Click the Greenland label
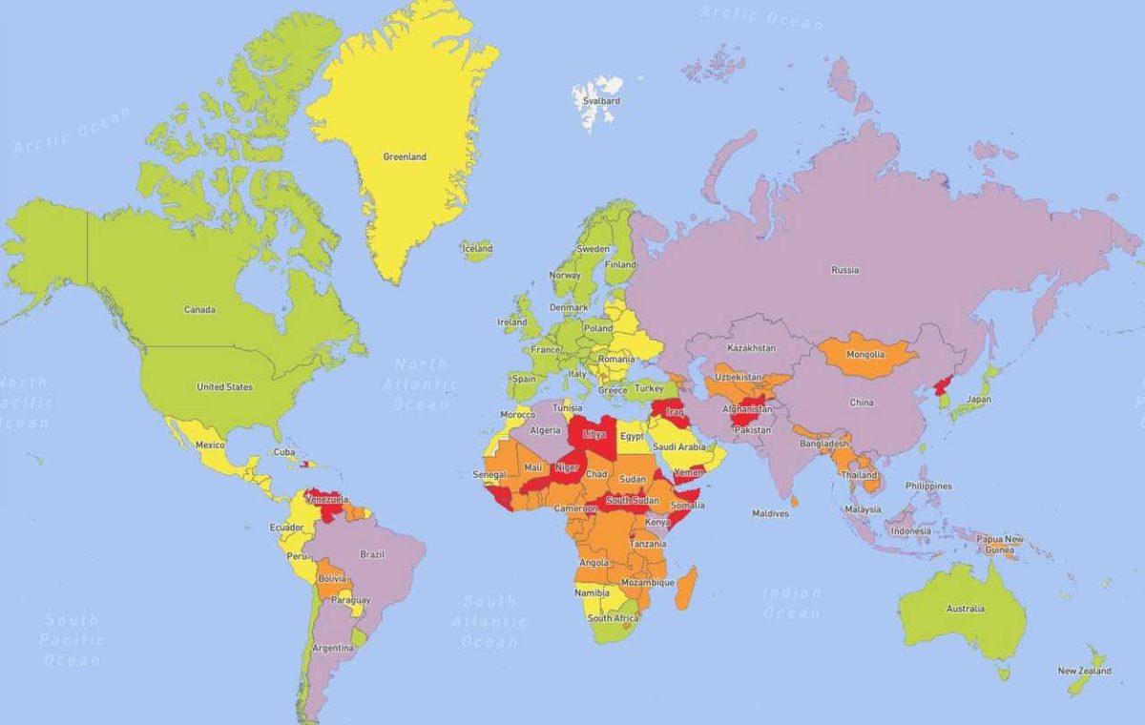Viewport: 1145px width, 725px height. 405,156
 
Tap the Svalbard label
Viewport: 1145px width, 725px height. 603,100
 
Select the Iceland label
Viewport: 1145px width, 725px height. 478,249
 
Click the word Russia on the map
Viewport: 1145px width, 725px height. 844,270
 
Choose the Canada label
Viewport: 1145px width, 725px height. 199,310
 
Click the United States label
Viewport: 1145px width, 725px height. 224,387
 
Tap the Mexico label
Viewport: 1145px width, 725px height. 210,445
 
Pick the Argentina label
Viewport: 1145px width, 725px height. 334,649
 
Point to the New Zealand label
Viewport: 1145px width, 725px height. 1084,671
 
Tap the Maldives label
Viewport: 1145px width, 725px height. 770,513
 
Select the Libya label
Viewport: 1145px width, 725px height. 593,434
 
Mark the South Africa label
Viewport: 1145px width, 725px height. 613,618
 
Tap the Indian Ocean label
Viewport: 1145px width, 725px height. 791,603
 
